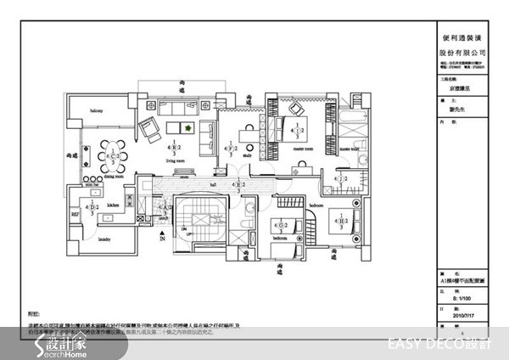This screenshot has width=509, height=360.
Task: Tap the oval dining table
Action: click(x=111, y=157)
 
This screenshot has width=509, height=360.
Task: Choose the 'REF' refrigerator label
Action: click(x=74, y=216)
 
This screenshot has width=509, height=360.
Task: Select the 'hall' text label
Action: click(x=214, y=183)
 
